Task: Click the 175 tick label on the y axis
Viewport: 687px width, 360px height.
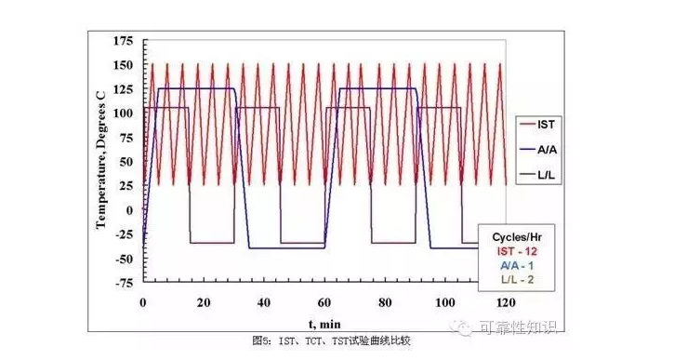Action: (123, 41)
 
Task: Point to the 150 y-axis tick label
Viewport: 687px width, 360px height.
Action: (123, 65)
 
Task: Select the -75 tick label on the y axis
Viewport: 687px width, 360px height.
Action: (123, 283)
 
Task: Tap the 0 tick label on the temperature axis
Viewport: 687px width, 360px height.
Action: (129, 210)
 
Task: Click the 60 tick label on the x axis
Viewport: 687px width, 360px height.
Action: (324, 302)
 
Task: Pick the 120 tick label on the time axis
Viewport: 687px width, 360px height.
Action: (506, 302)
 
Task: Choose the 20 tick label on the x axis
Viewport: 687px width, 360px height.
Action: (204, 302)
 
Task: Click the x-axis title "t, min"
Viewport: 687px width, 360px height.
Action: (324, 325)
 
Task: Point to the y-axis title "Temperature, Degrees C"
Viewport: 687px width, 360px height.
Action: (100, 161)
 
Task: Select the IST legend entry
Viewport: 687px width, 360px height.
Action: (538, 125)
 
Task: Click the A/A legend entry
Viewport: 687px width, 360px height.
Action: (538, 150)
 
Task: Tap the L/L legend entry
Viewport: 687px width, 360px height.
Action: (537, 176)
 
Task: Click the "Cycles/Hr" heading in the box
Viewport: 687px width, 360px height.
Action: (517, 237)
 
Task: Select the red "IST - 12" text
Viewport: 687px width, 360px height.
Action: (517, 252)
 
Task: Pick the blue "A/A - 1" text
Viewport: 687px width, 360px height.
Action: (517, 266)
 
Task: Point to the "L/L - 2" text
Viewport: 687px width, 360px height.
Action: (517, 280)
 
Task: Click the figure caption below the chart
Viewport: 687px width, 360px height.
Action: (331, 341)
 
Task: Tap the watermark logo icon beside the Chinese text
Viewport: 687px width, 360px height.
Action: (462, 327)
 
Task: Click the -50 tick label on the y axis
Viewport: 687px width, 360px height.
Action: (123, 259)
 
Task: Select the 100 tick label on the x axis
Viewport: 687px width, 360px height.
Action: (445, 302)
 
